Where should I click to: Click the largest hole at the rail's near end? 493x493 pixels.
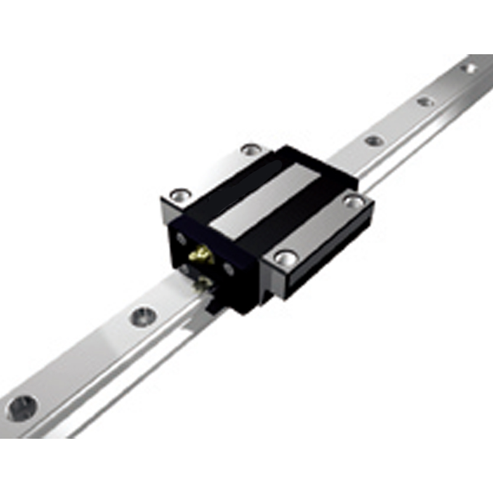22,408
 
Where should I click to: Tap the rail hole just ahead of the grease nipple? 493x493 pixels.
143,316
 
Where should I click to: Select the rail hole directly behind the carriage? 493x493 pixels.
374,141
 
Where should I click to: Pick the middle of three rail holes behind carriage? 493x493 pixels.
425,101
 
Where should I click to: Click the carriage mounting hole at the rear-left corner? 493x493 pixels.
251,149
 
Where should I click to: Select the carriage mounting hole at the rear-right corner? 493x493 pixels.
354,200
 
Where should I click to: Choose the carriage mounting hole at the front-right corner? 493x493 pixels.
285,258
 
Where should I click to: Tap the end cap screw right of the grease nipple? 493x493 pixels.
229,269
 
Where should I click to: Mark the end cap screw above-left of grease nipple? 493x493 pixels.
181,238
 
